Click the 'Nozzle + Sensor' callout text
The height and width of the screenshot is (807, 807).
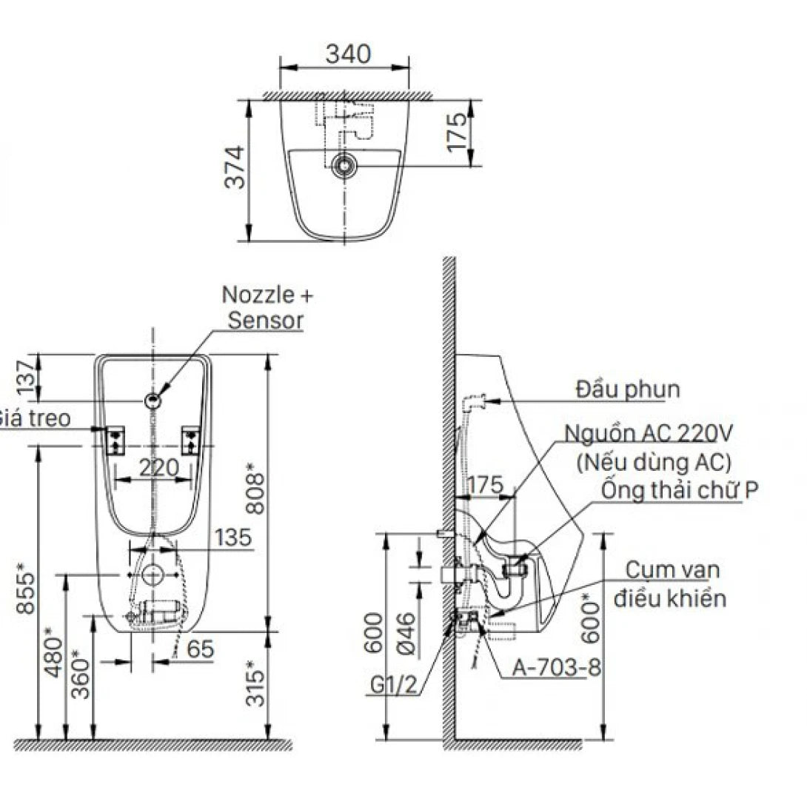[x=267, y=307]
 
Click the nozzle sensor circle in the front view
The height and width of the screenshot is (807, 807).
[x=153, y=401]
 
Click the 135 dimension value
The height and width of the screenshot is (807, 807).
[x=232, y=538]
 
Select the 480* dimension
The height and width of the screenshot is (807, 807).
[x=52, y=653]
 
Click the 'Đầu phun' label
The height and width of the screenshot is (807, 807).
[x=628, y=389]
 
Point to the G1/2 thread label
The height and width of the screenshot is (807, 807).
[x=393, y=685]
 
